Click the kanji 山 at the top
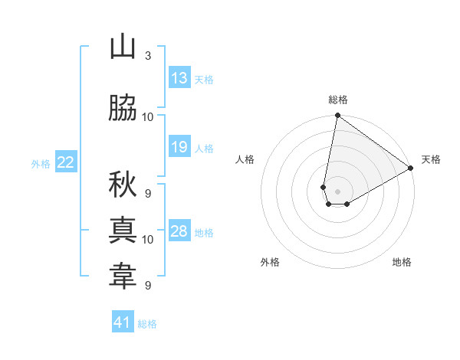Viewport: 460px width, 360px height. pyautogui.click(x=123, y=47)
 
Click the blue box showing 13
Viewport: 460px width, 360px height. pyautogui.click(x=179, y=78)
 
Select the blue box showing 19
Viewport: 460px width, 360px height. pyautogui.click(x=179, y=147)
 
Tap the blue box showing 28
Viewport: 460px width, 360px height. pyautogui.click(x=179, y=231)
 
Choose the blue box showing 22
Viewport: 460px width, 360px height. pyautogui.click(x=66, y=162)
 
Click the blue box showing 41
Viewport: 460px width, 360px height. pyautogui.click(x=123, y=322)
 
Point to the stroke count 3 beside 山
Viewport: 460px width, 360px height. pyautogui.click(x=148, y=56)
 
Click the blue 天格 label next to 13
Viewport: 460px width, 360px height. pyautogui.click(x=204, y=79)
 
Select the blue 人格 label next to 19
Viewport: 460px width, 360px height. pyautogui.click(x=204, y=148)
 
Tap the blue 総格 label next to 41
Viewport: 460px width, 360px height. pyautogui.click(x=147, y=323)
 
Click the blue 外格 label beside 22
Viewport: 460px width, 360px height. pyautogui.click(x=41, y=163)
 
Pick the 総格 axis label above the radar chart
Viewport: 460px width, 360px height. pyautogui.click(x=338, y=100)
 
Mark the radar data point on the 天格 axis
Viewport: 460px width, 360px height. pyautogui.click(x=411, y=168)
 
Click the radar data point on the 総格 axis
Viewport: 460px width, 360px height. pyautogui.click(x=337, y=116)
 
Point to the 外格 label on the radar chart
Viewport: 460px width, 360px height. pyautogui.click(x=270, y=262)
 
